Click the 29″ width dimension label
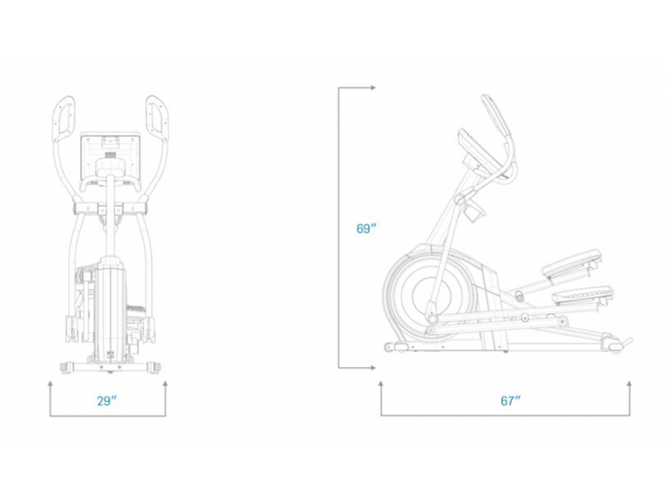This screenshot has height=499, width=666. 107,400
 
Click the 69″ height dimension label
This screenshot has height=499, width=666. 367,229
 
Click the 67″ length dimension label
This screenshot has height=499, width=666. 511,400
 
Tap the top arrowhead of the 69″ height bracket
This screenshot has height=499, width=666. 373,88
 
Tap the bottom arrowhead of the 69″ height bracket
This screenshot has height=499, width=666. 373,368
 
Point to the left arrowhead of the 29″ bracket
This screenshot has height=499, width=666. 50,383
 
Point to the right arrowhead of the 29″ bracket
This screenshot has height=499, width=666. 165,383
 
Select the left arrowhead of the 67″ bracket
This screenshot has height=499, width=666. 381,383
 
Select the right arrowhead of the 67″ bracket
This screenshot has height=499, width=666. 630,383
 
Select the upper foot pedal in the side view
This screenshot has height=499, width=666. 572,262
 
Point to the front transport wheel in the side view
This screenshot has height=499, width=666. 389,348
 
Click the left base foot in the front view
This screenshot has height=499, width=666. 67,367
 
